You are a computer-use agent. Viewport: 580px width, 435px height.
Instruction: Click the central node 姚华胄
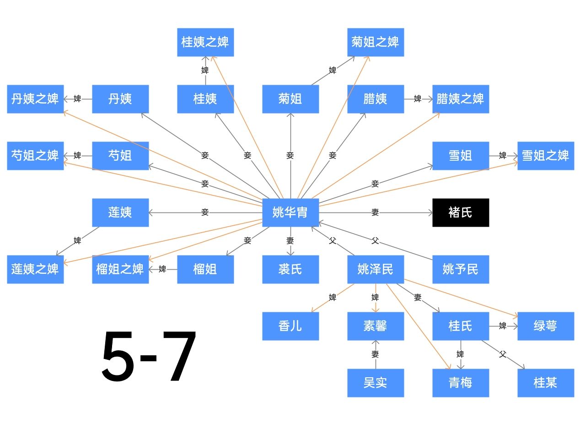point(290,212)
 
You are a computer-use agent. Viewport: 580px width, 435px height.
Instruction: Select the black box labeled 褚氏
point(461,212)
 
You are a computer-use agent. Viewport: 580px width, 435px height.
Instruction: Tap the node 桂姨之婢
point(205,42)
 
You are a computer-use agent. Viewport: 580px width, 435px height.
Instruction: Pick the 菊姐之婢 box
point(376,42)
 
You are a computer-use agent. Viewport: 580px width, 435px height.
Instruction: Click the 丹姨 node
point(120,99)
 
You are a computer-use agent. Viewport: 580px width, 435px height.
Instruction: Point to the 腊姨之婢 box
point(461,99)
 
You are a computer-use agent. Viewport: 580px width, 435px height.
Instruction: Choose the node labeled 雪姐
point(461,156)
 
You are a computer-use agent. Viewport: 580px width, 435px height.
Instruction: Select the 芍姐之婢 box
point(35,156)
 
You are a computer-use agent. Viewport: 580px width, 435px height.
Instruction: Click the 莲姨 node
point(120,212)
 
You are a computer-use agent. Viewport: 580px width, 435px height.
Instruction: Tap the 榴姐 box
point(205,269)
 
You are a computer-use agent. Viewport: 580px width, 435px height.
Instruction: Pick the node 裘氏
point(290,269)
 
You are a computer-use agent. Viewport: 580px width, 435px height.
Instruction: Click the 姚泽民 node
point(376,269)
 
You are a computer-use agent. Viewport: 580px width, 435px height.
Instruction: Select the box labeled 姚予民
point(461,269)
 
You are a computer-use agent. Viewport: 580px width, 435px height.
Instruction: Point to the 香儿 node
point(290,326)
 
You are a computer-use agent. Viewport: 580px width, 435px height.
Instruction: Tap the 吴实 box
point(376,383)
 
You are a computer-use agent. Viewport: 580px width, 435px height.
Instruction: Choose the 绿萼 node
point(546,326)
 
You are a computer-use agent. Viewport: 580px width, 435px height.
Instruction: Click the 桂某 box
point(546,383)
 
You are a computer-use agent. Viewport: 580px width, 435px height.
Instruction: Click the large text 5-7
point(149,356)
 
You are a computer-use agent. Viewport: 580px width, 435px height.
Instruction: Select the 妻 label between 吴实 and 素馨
point(376,354)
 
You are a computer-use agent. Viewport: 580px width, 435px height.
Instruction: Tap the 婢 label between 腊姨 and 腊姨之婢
point(418,99)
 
